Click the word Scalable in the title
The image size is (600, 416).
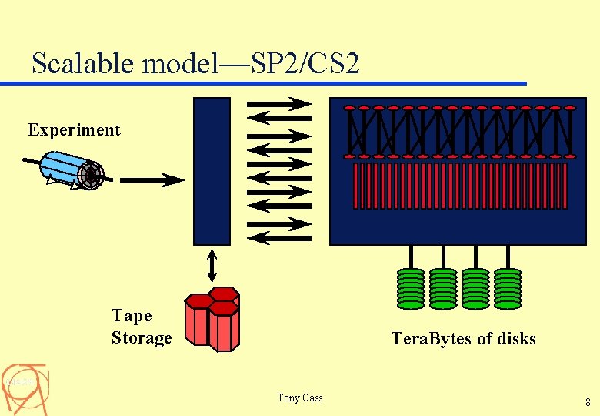click(83, 63)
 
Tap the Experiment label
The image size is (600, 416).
click(75, 129)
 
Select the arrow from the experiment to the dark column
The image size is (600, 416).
click(152, 180)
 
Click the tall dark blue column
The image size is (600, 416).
click(212, 170)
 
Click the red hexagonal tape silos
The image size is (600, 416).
click(213, 317)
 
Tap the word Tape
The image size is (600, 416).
click(132, 315)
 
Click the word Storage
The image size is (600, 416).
click(142, 337)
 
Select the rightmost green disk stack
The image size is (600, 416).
click(507, 288)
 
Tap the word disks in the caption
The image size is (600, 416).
click(516, 338)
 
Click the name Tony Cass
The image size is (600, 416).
click(300, 398)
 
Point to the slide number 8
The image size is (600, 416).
click(588, 402)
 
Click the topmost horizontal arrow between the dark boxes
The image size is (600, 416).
click(278, 104)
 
